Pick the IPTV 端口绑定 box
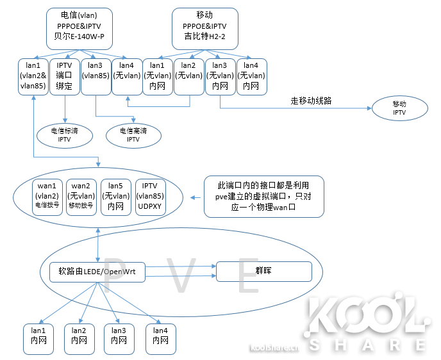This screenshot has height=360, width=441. tap(64, 76)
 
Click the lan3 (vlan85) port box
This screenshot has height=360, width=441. tap(96, 76)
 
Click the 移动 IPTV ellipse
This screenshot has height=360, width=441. tap(400, 108)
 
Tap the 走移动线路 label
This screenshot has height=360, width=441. tap(312, 100)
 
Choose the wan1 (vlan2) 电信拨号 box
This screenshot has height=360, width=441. tap(47, 197)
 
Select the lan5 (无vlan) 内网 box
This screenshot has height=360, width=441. tap(116, 197)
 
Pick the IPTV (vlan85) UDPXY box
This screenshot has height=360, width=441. tap(151, 197)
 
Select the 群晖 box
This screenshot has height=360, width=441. tap(264, 272)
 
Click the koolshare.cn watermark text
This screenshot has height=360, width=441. tap(274, 349)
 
